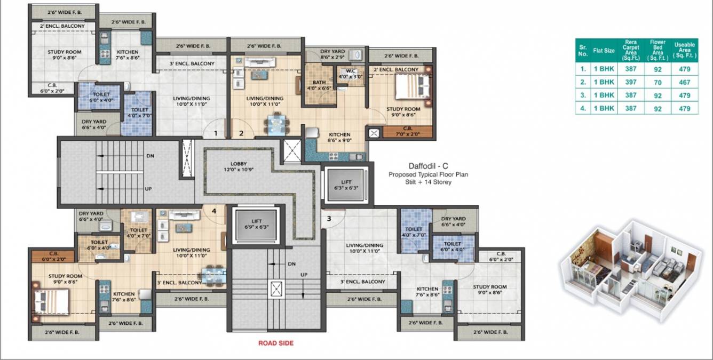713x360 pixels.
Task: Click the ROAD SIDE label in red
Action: tap(276, 343)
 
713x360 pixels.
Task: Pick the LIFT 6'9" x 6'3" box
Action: tap(256, 224)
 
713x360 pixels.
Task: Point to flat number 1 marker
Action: tap(216, 134)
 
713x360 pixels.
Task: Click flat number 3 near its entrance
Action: tap(329, 218)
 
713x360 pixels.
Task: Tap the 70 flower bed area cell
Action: tap(657, 82)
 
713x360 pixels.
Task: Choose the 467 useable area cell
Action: tap(685, 82)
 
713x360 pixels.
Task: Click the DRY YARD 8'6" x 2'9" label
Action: tap(332, 54)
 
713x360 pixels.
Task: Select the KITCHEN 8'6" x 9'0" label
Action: tap(339, 138)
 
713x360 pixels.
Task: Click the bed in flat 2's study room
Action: tap(412, 87)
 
